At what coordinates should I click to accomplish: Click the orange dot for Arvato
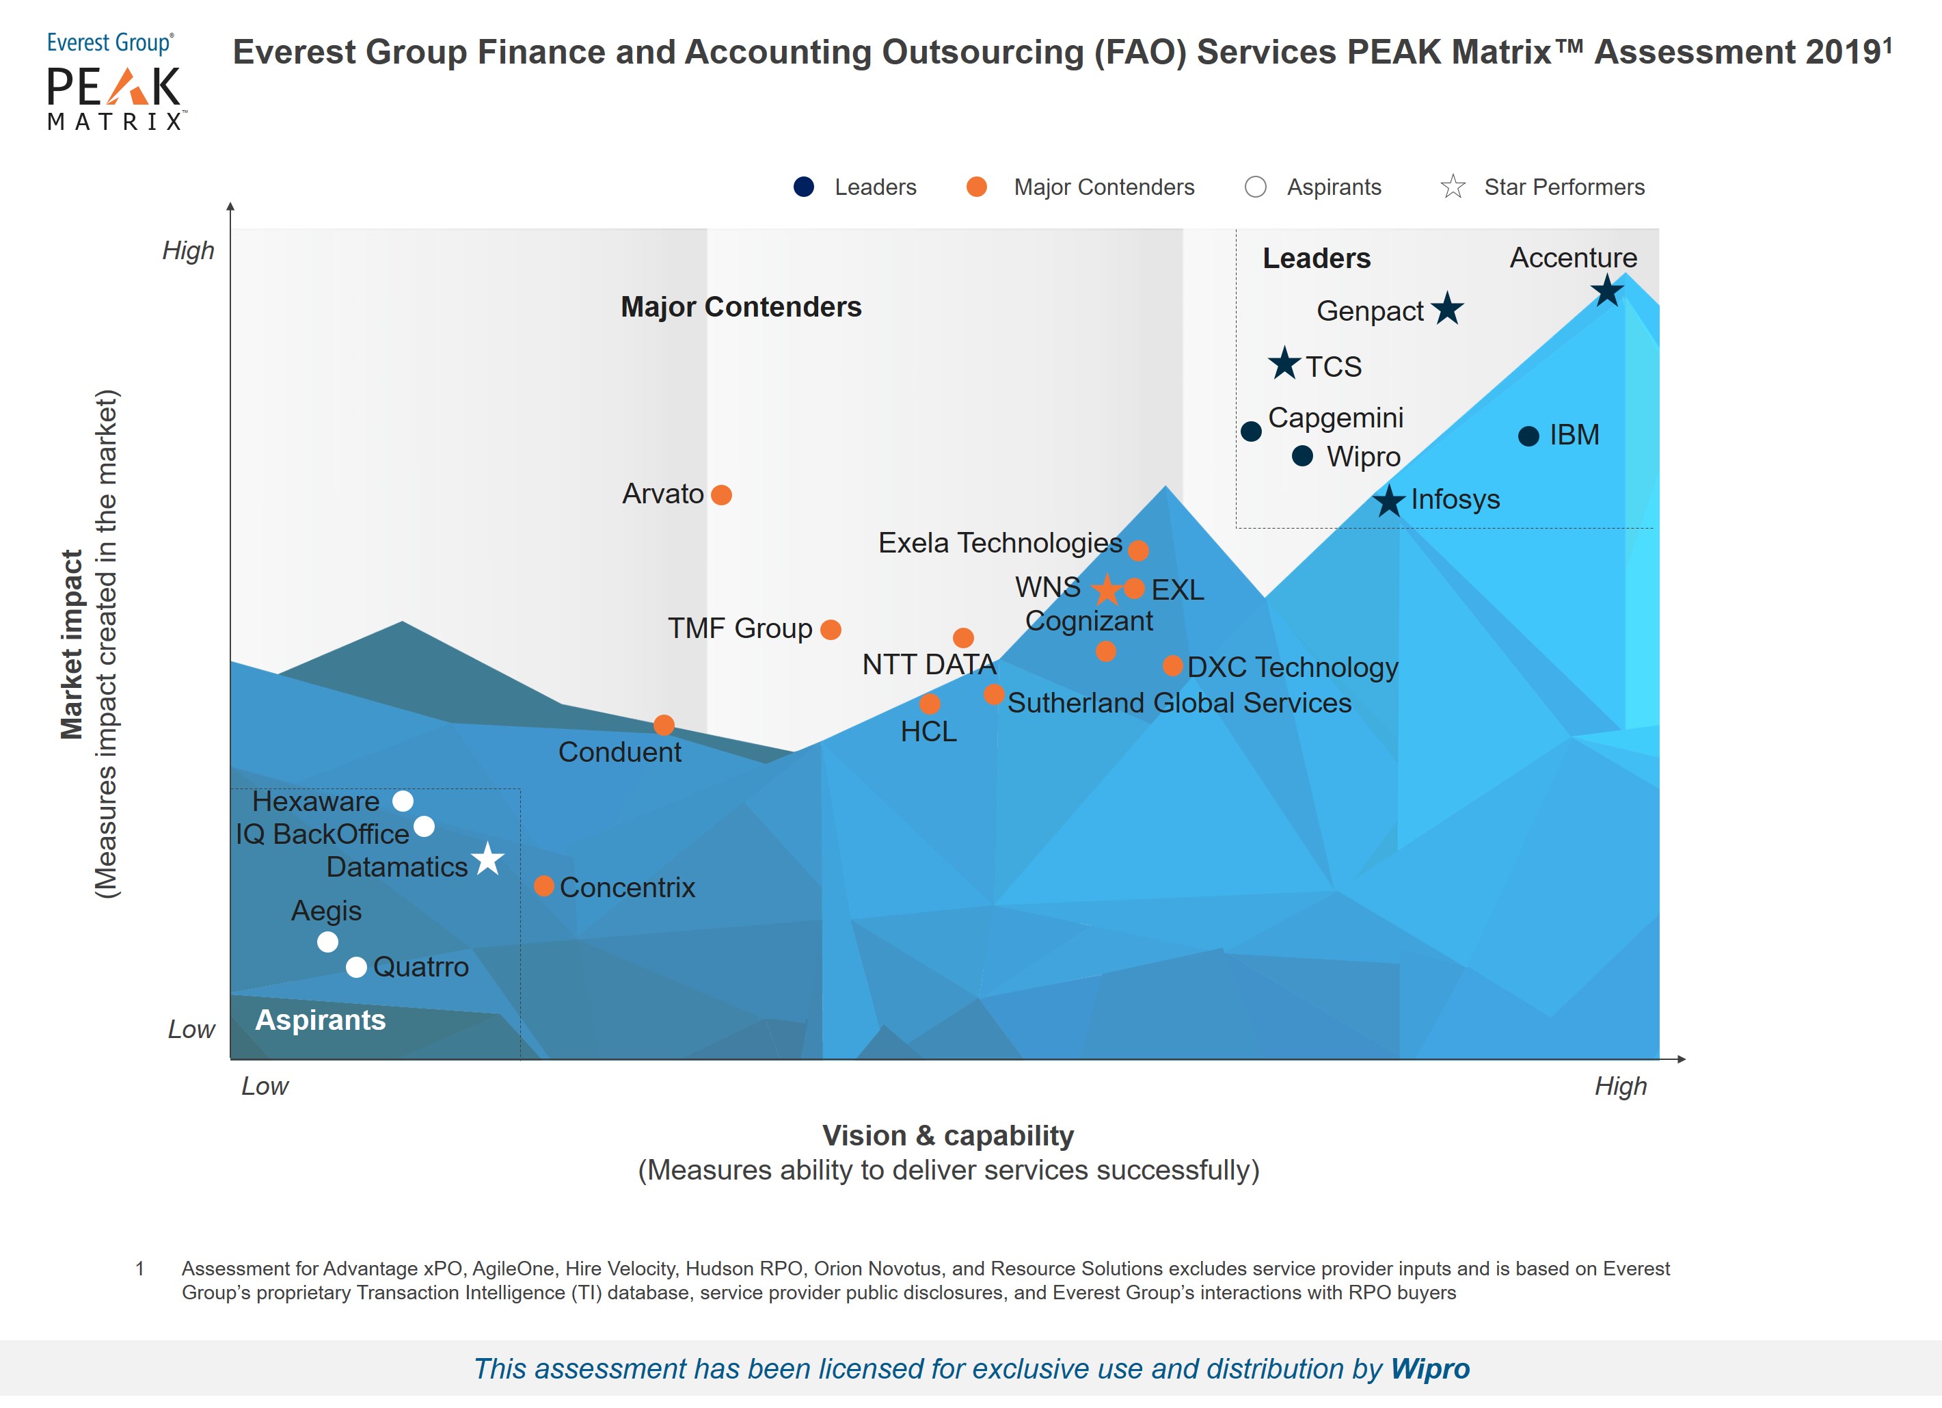[721, 495]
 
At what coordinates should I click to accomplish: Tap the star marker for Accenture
[1607, 291]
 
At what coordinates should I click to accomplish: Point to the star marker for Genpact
[1447, 308]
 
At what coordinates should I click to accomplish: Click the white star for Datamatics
[488, 858]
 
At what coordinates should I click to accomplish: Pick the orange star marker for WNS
[1107, 589]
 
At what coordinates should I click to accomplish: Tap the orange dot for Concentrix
[543, 886]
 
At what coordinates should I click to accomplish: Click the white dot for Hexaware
[403, 801]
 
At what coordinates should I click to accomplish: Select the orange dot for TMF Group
[831, 630]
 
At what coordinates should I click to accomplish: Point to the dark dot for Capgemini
[1251, 431]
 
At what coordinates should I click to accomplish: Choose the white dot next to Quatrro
[356, 967]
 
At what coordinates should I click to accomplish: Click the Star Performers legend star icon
[1453, 187]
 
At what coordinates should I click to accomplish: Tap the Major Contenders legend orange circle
[976, 187]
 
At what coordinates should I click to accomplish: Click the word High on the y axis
[189, 251]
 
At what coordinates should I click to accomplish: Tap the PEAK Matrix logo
[115, 81]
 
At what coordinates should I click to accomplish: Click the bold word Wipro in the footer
[1430, 1368]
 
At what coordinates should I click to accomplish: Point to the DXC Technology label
[1292, 667]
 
